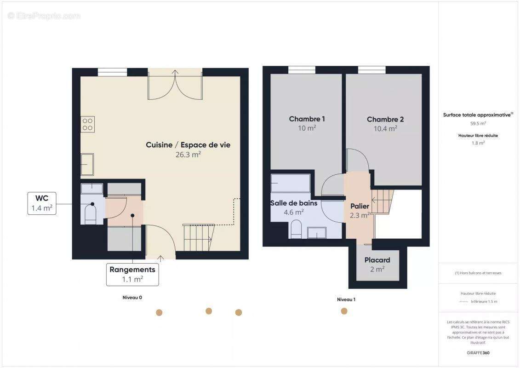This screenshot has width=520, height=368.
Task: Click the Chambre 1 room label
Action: tap(307, 119)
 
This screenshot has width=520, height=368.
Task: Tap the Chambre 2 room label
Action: tap(385, 120)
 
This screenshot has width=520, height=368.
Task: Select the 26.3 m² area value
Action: tap(188, 155)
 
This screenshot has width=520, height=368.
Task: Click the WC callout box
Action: tap(41, 203)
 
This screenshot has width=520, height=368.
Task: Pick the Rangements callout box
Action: tap(132, 274)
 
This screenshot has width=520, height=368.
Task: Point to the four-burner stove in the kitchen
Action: tap(88, 124)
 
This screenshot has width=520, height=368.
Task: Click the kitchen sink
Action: tap(87, 164)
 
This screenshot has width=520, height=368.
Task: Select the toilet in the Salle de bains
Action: tap(296, 229)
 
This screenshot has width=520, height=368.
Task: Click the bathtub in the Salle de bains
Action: tap(291, 183)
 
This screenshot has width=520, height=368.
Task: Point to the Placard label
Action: tap(377, 260)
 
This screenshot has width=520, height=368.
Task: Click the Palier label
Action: tap(360, 206)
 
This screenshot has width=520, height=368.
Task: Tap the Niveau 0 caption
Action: tap(132, 298)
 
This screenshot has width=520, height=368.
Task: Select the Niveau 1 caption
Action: tap(346, 299)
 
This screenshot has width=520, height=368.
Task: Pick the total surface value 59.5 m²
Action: tap(478, 123)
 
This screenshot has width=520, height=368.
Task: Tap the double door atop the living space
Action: tap(175, 85)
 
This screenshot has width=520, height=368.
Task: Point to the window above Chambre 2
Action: tap(371, 70)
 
